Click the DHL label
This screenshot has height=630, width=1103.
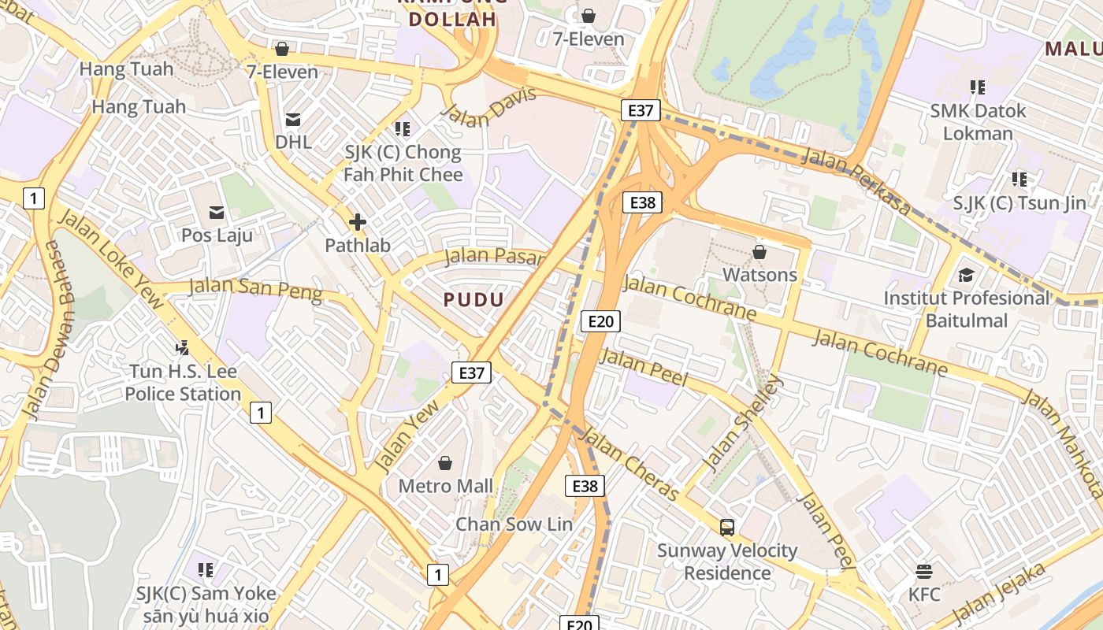(x=293, y=143)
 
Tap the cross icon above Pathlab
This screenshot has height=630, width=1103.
(x=358, y=222)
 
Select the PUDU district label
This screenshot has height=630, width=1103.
(x=474, y=299)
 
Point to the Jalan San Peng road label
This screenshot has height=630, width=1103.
(x=256, y=289)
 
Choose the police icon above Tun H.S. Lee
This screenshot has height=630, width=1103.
(x=183, y=346)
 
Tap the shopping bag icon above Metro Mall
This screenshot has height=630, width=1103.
(x=445, y=463)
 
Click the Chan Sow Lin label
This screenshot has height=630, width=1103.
(x=514, y=524)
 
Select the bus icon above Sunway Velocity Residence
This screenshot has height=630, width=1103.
(x=727, y=528)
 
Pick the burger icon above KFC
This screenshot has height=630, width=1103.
(x=924, y=571)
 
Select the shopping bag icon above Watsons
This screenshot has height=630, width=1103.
(x=759, y=252)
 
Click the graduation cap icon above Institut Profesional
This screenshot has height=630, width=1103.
(x=966, y=276)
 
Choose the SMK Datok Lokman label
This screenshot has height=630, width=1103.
(x=978, y=122)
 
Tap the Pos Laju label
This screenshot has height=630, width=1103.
(x=217, y=235)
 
